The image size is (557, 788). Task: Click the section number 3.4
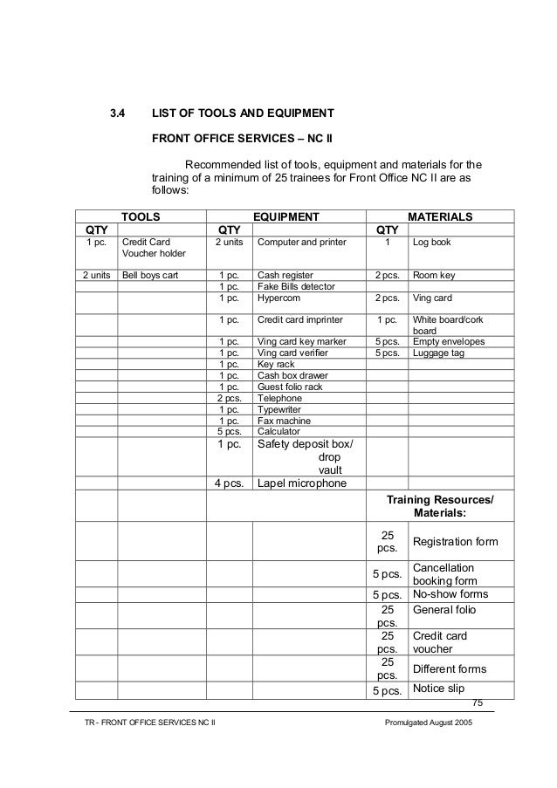click(117, 113)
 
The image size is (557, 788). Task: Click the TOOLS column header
click(140, 216)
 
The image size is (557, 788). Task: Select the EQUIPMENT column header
click(285, 216)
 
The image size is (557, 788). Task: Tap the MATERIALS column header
click(440, 216)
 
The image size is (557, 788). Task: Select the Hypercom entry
click(279, 298)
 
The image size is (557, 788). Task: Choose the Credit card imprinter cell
click(300, 319)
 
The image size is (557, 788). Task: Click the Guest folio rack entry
click(290, 386)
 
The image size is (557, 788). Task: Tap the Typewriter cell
click(279, 408)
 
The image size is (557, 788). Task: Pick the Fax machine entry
click(284, 420)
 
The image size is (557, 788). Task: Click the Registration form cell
click(455, 542)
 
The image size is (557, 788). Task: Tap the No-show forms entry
click(450, 594)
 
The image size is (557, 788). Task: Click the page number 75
click(477, 703)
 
